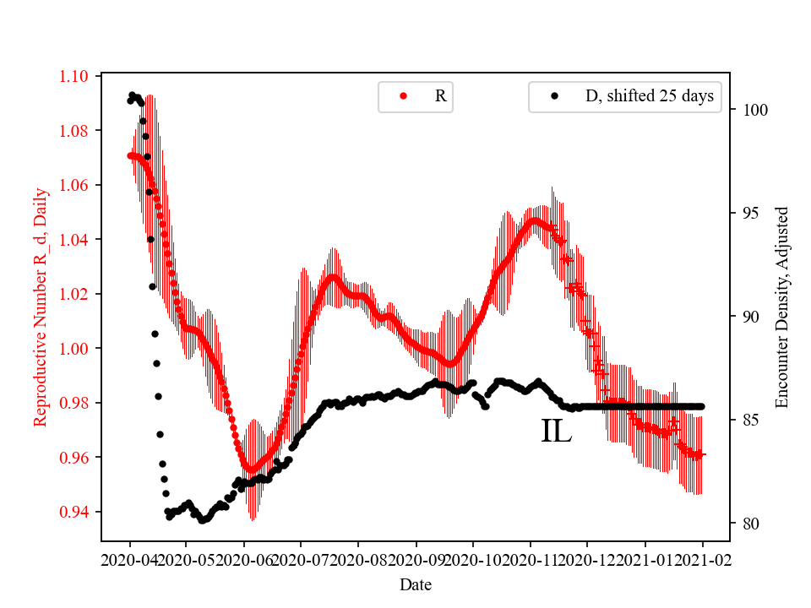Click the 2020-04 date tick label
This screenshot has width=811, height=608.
(130, 560)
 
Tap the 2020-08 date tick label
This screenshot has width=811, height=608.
(359, 560)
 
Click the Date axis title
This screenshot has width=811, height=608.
(416, 584)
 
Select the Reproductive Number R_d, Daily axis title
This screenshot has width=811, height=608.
(41, 307)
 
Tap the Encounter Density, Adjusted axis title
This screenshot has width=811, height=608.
(781, 307)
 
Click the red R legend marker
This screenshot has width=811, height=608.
(403, 96)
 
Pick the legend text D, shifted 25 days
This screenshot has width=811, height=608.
(649, 96)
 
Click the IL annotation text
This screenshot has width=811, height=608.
(556, 432)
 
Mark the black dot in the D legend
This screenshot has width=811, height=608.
(554, 96)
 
